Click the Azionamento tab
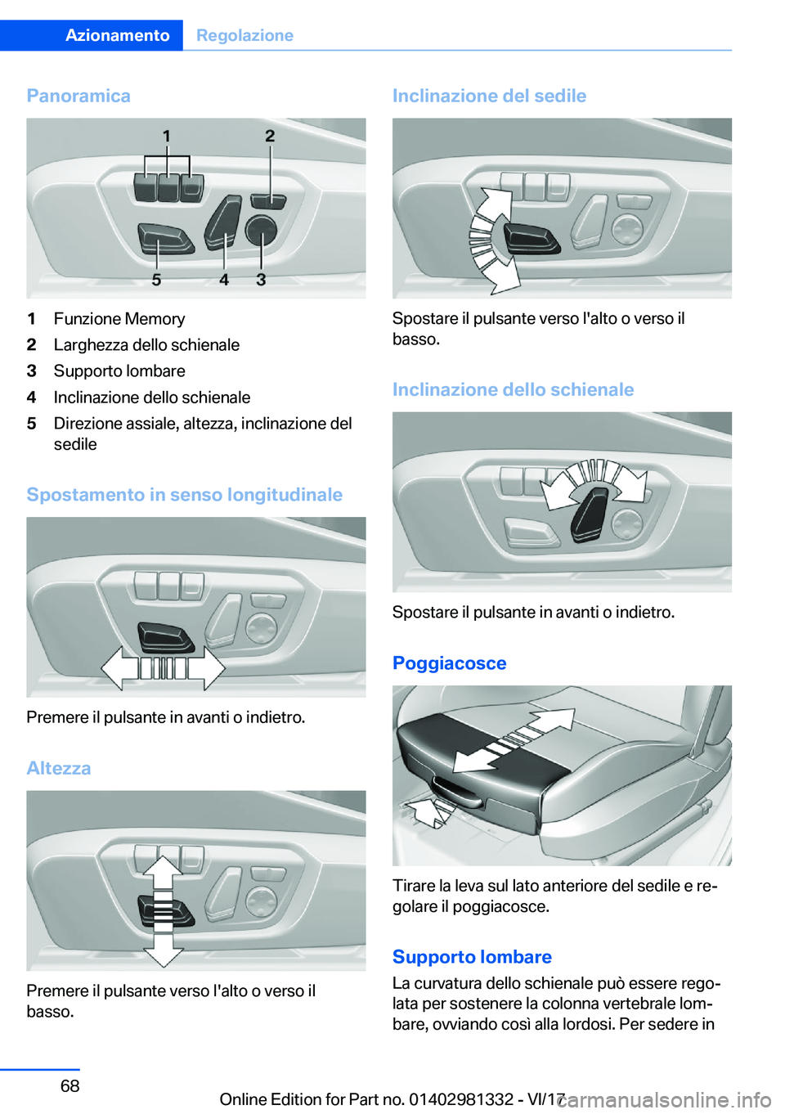[x=117, y=35]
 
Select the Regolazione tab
[x=244, y=35]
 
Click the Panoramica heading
[x=78, y=96]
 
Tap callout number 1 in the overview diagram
[x=167, y=136]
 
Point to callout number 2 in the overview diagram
[x=270, y=136]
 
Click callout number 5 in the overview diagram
[x=156, y=280]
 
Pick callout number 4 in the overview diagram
[x=224, y=280]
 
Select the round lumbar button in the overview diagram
[x=261, y=230]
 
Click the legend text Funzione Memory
[x=119, y=319]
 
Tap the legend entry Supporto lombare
[x=119, y=371]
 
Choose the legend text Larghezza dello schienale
[x=146, y=345]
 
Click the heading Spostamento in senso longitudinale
[x=184, y=495]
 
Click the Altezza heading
[x=59, y=768]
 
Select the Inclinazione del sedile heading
[x=489, y=96]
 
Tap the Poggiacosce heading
[x=449, y=663]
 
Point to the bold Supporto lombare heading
[x=472, y=957]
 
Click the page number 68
[x=70, y=1086]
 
